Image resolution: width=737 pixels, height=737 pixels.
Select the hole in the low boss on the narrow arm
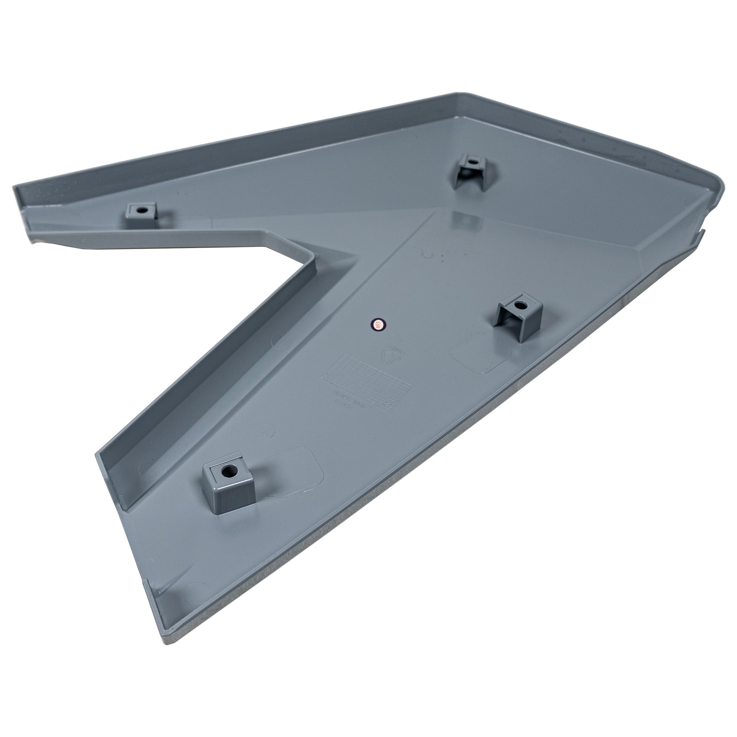pyautogui.click(x=142, y=210)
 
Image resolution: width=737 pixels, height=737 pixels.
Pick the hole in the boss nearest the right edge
pyautogui.click(x=519, y=305)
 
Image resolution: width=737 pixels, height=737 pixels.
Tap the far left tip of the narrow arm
pyautogui.click(x=15, y=188)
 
